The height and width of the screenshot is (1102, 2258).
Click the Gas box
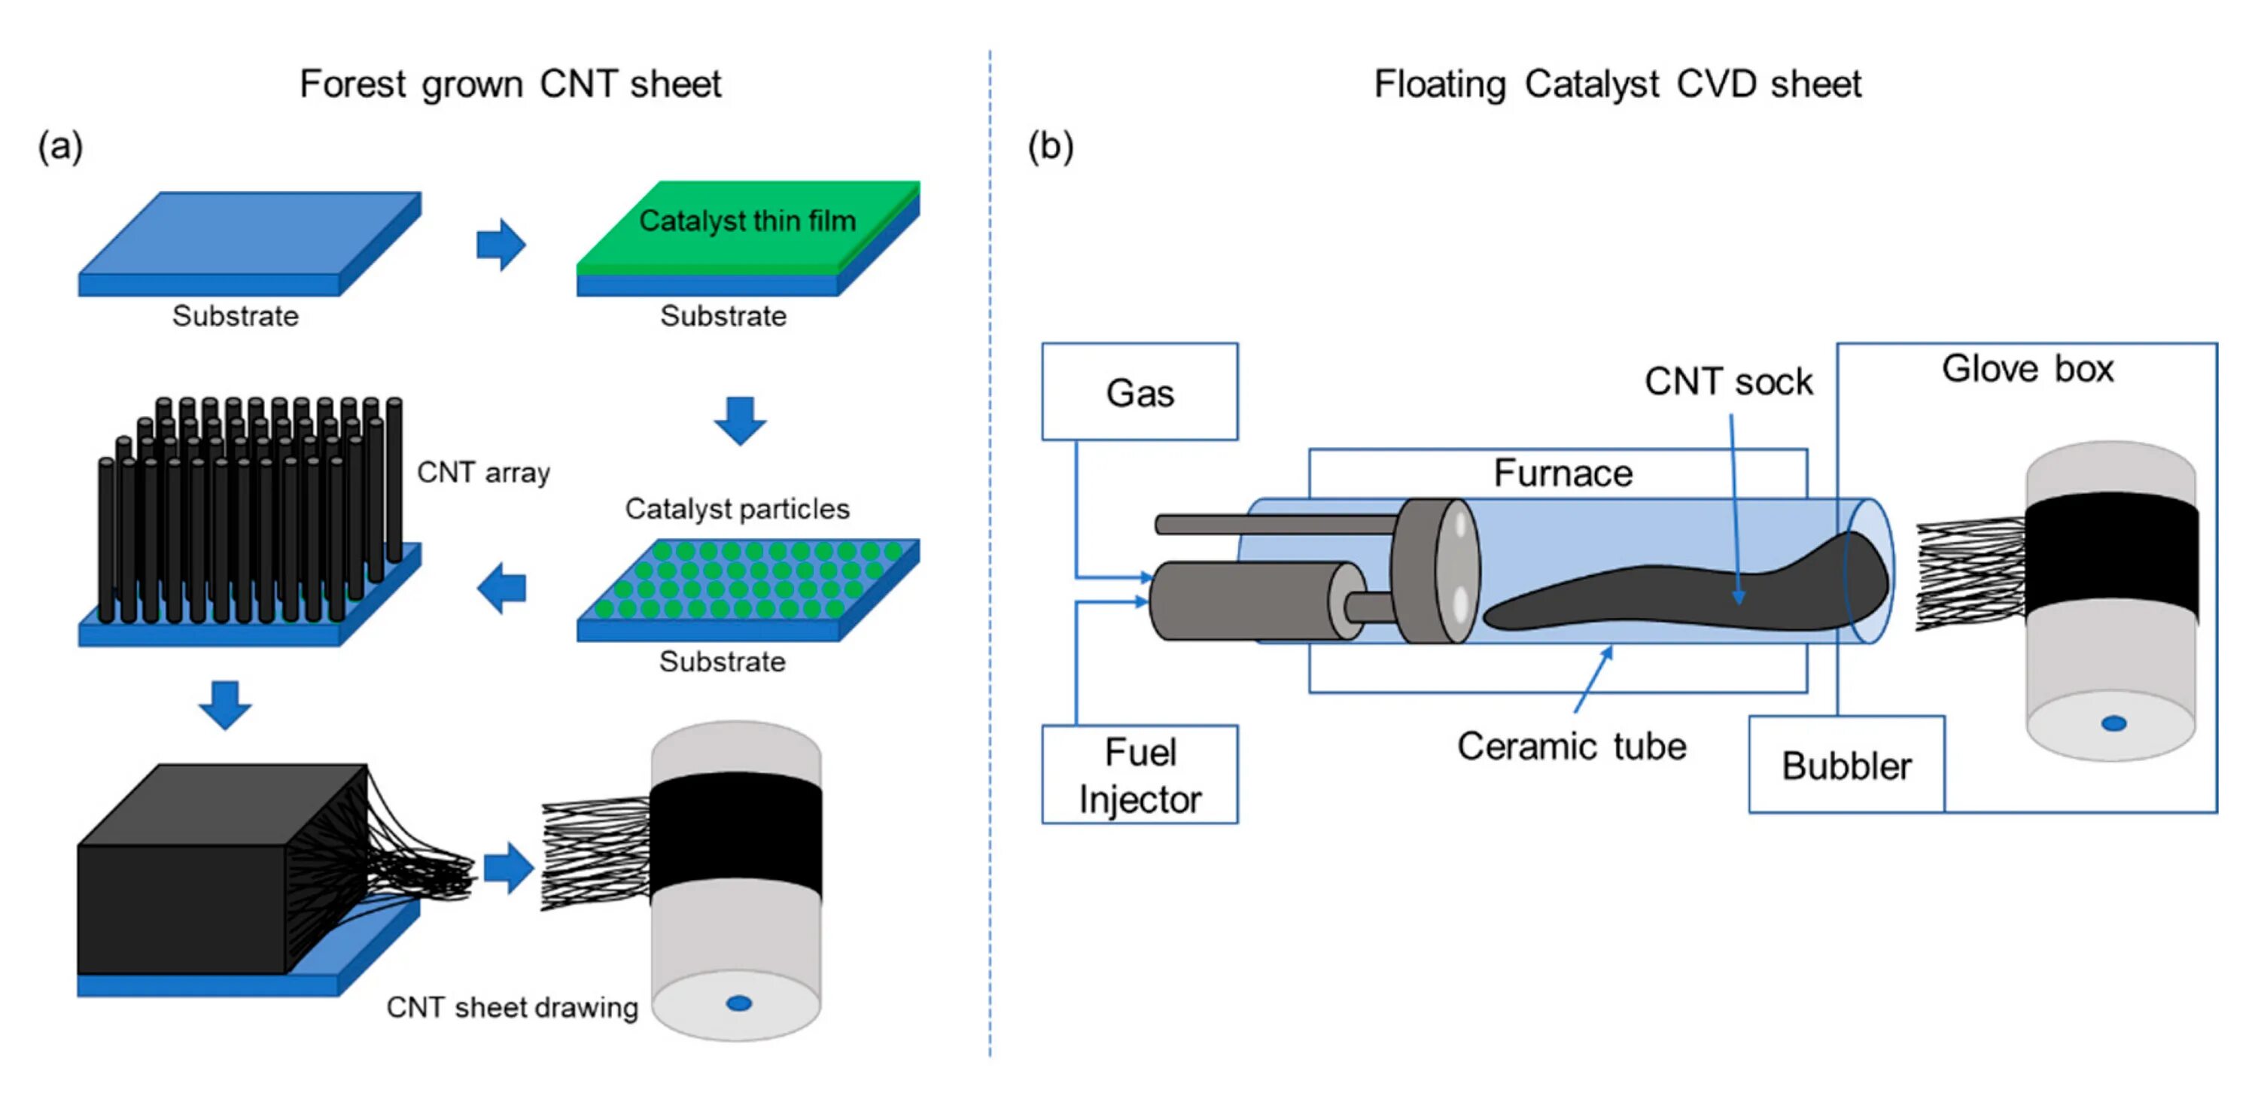pos(1140,392)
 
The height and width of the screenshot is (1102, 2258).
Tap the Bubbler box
pos(1846,766)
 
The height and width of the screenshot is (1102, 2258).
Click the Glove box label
pos(2028,369)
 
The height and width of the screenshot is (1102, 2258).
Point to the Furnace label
pos(1563,473)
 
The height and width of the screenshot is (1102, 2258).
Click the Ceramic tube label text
pos(1571,747)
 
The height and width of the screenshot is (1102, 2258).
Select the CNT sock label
pos(1727,382)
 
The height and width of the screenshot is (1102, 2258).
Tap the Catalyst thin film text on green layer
pos(747,221)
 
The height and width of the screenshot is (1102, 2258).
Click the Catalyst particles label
pos(737,509)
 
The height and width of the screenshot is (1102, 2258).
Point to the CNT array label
pos(483,473)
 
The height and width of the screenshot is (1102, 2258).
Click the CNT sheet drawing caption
pos(512,1007)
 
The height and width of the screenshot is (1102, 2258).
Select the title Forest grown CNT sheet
pos(510,84)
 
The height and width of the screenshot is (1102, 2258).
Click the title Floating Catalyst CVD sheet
pos(1617,84)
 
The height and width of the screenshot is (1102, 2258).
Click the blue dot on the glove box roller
pos(2113,723)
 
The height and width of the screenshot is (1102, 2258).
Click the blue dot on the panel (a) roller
pos(739,1003)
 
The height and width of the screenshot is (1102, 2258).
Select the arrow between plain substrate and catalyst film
pos(501,245)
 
